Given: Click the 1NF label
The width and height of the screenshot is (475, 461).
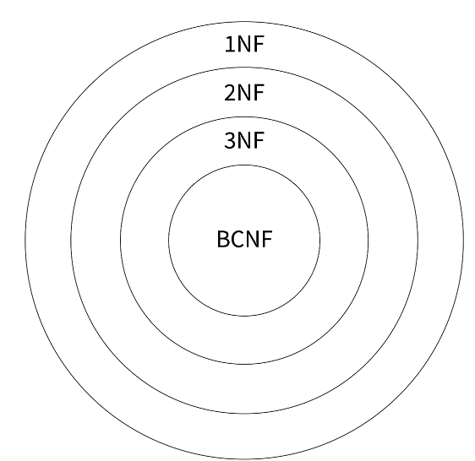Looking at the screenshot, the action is pyautogui.click(x=244, y=44).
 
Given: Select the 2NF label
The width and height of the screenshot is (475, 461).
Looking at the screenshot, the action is pyautogui.click(x=244, y=93).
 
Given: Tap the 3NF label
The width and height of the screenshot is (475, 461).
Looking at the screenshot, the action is pyautogui.click(x=244, y=140).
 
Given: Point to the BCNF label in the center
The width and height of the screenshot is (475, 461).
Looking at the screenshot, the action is pyautogui.click(x=244, y=239).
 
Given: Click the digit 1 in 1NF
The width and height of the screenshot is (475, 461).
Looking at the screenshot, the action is pyautogui.click(x=229, y=44).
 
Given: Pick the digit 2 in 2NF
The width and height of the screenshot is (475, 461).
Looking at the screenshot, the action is pyautogui.click(x=230, y=93).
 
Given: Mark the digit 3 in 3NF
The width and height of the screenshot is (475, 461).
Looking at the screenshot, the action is pyautogui.click(x=230, y=140).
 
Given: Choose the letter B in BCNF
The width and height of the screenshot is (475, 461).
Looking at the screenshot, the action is pyautogui.click(x=223, y=239).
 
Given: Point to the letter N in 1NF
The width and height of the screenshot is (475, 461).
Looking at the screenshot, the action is pyautogui.click(x=243, y=44).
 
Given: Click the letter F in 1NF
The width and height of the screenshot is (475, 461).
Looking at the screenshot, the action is pyautogui.click(x=259, y=44).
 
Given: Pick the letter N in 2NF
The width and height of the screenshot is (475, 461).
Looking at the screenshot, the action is pyautogui.click(x=243, y=93).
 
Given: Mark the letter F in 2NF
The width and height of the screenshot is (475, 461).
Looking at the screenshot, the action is pyautogui.click(x=259, y=93).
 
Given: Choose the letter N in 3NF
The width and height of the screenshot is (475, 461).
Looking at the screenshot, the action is pyautogui.click(x=243, y=140).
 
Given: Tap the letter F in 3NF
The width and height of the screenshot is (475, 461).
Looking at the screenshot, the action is pyautogui.click(x=259, y=140).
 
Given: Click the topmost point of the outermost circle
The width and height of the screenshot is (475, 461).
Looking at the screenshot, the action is pyautogui.click(x=244, y=21).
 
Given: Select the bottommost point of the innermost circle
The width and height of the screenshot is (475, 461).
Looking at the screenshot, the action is pyautogui.click(x=244, y=316).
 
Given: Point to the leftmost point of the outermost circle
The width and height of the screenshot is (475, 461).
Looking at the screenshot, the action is pyautogui.click(x=25, y=241).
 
